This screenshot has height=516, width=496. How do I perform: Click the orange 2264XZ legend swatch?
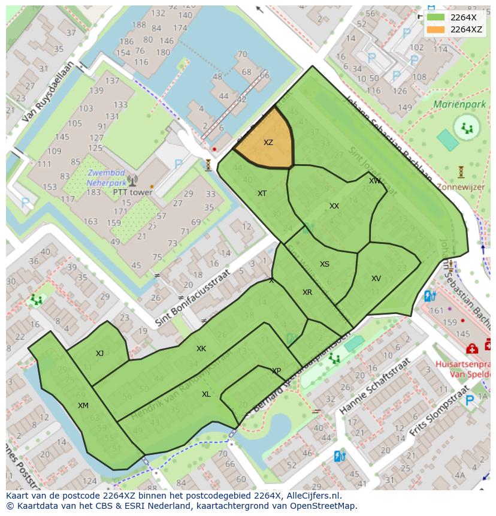click(436, 29)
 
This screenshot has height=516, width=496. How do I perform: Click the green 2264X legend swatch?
click(436, 17)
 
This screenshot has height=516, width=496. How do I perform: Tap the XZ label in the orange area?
click(268, 143)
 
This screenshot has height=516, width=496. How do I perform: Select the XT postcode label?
click(262, 194)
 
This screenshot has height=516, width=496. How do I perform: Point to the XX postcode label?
click(334, 206)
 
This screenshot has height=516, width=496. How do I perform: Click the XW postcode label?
click(374, 181)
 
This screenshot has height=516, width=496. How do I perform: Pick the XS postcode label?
click(324, 264)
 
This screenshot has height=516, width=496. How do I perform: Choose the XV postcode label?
click(376, 279)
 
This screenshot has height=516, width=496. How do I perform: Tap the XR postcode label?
click(307, 292)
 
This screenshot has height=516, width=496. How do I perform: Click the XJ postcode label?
click(99, 354)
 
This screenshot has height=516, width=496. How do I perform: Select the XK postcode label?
click(201, 349)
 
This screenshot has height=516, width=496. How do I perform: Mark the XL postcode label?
click(206, 394)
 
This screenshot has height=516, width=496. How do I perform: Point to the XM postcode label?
click(83, 406)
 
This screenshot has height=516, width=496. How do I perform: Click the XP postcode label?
click(276, 371)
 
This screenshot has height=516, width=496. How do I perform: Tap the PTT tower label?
click(132, 192)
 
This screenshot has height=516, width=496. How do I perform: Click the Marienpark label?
click(459, 104)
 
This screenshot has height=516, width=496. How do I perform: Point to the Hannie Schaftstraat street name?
click(374, 387)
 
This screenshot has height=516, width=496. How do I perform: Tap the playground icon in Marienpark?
click(467, 127)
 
